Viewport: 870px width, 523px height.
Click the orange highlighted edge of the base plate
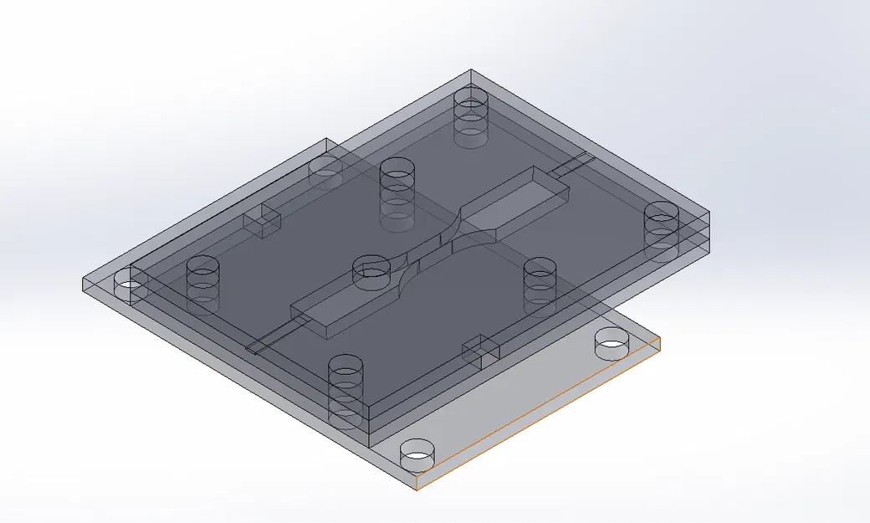point(540,413)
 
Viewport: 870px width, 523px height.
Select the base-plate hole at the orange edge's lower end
point(418,457)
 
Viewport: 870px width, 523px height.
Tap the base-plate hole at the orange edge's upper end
point(612,342)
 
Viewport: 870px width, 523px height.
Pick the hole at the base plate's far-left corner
point(128,285)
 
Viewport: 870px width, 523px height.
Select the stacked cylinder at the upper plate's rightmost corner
point(661,231)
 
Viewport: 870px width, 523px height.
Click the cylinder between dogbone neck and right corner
point(540,285)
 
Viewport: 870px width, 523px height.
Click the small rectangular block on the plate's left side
point(262,220)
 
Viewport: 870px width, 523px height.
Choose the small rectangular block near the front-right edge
point(482,351)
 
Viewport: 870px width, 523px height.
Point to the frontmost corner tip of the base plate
point(417,486)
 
